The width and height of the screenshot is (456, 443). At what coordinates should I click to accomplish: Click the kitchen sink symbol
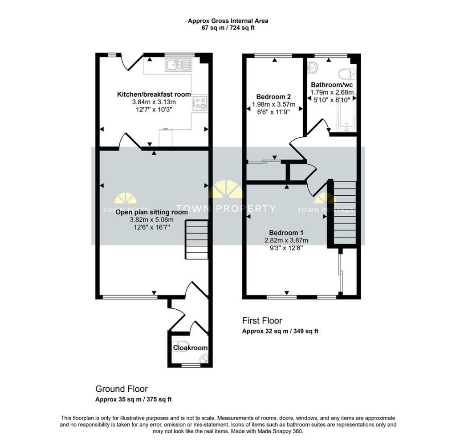pos(178,65)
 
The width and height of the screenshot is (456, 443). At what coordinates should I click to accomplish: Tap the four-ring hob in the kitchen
pos(200,103)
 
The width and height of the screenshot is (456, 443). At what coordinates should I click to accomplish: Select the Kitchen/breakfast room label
pos(154,94)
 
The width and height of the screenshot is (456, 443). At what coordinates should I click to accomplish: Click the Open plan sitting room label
pos(151,212)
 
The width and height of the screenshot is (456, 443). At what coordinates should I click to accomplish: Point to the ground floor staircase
pos(196,239)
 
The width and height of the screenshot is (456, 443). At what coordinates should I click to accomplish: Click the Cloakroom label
pos(190,348)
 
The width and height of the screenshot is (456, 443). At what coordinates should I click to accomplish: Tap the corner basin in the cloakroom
pos(204,359)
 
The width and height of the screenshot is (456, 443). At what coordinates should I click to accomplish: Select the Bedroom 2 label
pos(273,97)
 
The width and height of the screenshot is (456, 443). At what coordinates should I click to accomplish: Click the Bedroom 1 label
pos(286,233)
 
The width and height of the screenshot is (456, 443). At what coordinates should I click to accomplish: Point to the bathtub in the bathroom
pos(346,115)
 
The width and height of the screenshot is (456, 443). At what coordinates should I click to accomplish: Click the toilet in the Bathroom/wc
pos(347,74)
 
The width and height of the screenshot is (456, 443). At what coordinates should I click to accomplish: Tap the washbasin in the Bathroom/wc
pos(313,68)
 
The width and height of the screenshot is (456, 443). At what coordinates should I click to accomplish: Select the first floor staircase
pos(344,213)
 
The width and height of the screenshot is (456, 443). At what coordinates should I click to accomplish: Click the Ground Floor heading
pos(122,389)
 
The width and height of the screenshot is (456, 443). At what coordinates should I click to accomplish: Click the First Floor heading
pos(262,321)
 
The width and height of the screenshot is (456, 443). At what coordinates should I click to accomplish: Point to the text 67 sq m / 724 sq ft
pos(228,28)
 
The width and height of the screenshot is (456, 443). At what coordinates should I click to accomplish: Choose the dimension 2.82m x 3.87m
pos(286,240)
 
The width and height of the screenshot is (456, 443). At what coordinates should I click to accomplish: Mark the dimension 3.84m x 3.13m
pos(154,102)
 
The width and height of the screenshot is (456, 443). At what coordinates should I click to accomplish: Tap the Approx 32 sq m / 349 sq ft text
pos(281,331)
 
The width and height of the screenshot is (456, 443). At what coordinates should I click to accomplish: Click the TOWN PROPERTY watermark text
pos(226,209)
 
